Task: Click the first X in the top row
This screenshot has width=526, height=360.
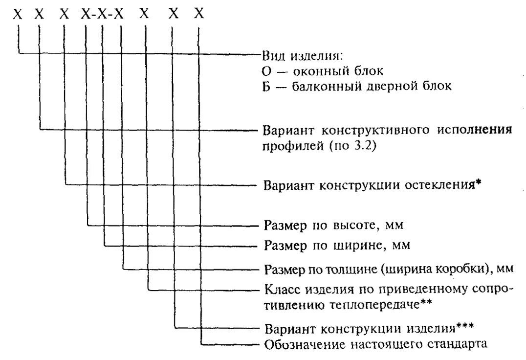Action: tap(18, 15)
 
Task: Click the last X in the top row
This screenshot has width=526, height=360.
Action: tap(198, 15)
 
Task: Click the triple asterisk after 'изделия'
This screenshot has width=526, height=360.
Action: tap(464, 326)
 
